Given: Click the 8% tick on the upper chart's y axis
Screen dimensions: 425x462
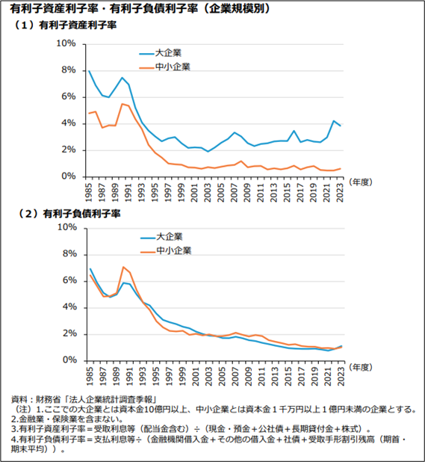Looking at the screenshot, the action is (69, 70).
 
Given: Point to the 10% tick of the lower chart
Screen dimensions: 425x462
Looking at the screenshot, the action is (67, 227).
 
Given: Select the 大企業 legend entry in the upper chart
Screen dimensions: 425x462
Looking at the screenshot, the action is (161, 53).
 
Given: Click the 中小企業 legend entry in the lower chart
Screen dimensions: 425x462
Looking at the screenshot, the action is (166, 250).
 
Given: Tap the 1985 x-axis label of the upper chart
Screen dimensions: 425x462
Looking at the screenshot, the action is (89, 192).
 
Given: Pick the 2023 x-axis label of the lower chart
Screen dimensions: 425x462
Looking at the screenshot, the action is (341, 376).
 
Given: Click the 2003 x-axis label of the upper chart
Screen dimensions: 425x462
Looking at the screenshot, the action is (208, 192).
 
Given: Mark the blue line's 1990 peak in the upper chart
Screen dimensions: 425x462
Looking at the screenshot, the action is (122, 78).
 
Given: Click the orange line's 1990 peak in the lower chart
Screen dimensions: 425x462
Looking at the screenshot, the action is (123, 267).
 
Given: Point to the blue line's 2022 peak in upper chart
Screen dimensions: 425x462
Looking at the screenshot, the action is (333, 120).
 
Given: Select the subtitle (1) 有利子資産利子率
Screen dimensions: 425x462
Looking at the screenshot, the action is (65, 25).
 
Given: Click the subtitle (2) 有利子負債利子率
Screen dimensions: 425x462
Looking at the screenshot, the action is (69, 213).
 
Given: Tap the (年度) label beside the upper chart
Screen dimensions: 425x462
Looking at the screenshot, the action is (361, 182).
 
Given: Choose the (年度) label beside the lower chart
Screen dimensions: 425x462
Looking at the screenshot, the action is (361, 367).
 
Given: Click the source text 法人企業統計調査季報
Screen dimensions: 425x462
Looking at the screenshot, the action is (111, 399).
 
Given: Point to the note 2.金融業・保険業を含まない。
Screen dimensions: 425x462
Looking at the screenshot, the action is (66, 419).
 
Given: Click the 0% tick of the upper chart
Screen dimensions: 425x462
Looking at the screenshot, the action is (69, 176).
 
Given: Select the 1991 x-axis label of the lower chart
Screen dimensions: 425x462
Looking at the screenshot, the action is (129, 376).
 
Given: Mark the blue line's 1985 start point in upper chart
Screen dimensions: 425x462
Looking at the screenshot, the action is (89, 71).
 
